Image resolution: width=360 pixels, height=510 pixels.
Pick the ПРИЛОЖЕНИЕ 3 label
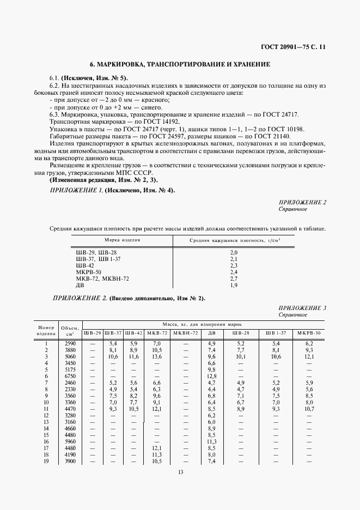click(x=302, y=308)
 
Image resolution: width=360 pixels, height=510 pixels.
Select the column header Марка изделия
click(x=122, y=240)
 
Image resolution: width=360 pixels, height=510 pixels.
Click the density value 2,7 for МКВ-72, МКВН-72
click(x=234, y=278)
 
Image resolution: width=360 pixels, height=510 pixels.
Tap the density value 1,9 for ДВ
click(x=234, y=285)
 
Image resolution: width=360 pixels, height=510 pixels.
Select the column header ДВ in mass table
click(x=212, y=332)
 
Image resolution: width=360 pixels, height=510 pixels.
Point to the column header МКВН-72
click(x=184, y=332)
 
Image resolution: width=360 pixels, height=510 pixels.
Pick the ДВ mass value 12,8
click(x=212, y=376)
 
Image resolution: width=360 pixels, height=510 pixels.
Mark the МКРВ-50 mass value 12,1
click(x=309, y=356)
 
